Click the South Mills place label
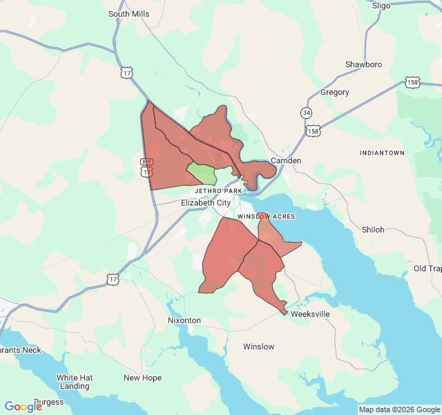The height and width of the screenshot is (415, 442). pos(129,14)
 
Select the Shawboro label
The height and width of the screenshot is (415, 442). pos(363,64)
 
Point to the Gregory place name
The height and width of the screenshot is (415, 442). pos(335,92)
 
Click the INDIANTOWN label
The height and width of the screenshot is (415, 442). pos(382,152)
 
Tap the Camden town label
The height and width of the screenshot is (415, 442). pos(286,160)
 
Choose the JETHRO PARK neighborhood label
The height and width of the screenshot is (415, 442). pos(218,190)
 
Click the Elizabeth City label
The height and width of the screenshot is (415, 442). pos(206,203)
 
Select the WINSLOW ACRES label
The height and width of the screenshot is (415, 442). pos(266,216)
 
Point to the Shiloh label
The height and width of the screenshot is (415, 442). pos(373,230)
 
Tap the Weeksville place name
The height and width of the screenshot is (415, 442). pos(310,314)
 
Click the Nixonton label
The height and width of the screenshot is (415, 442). pos(184,321)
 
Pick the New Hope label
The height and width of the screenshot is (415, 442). pos(142,378)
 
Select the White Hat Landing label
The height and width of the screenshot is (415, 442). pos(74,382)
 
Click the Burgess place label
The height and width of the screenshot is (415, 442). pos(48,402)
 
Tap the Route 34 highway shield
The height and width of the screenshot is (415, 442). pos(306,112)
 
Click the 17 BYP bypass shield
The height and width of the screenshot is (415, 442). pos(146,167)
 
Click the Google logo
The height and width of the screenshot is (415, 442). pos(23,407)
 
